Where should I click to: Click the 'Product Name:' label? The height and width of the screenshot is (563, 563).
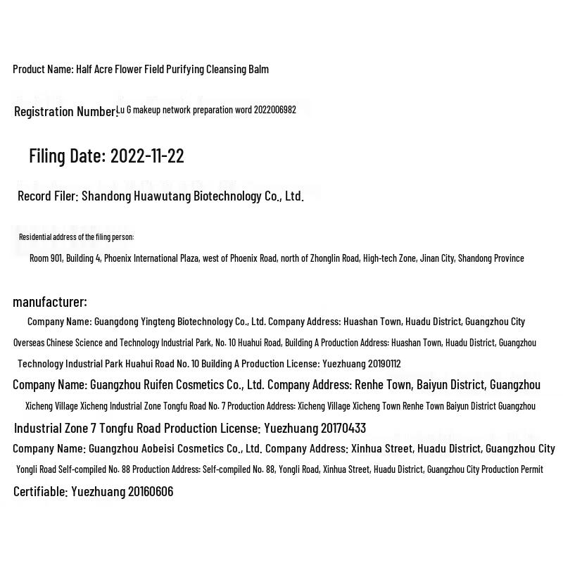[43, 69]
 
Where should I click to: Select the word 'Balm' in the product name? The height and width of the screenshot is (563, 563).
[258, 69]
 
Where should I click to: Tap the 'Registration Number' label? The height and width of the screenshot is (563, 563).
[65, 111]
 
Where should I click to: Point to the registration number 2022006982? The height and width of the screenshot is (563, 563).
[275, 110]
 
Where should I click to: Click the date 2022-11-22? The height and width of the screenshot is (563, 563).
[147, 156]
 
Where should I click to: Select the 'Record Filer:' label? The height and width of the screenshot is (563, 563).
[48, 196]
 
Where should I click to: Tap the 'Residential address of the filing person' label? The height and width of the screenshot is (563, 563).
[76, 237]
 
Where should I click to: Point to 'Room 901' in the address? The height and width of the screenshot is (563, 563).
[46, 258]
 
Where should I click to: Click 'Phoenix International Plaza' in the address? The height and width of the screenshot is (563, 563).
[151, 258]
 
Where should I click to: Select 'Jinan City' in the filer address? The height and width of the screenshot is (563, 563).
[437, 258]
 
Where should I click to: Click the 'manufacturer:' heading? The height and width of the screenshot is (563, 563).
[50, 302]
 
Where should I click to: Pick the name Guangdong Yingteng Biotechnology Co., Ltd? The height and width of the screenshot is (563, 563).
[179, 322]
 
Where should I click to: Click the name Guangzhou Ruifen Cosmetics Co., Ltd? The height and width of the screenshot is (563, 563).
[177, 385]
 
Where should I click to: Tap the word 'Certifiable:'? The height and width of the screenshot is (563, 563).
[41, 491]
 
